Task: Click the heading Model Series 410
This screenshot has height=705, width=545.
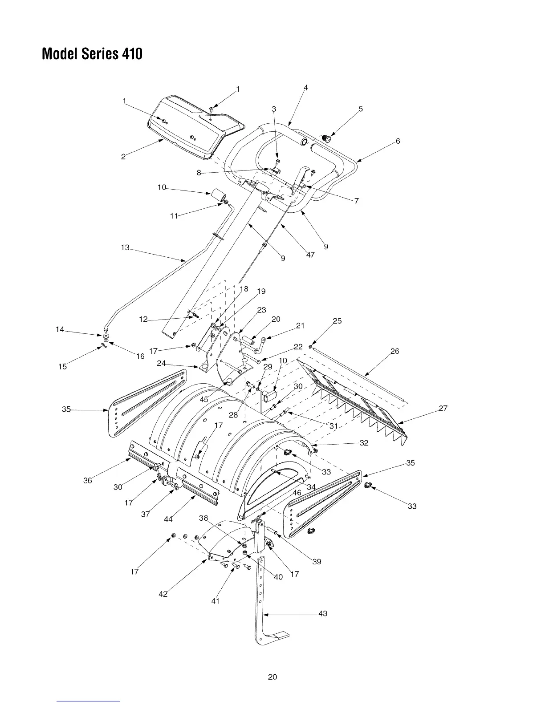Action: click(x=92, y=54)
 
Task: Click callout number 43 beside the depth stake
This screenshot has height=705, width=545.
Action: click(x=323, y=613)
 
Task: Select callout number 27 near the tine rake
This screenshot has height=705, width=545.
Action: click(x=443, y=408)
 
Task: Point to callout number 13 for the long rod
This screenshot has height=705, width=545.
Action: click(x=125, y=247)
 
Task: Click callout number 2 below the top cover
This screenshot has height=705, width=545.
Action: click(x=123, y=156)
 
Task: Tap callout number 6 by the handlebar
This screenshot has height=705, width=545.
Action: click(x=398, y=141)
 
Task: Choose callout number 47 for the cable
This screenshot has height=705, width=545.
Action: click(x=310, y=255)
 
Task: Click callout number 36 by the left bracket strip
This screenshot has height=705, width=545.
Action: click(x=88, y=480)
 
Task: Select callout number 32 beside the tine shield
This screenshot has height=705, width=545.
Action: click(x=364, y=443)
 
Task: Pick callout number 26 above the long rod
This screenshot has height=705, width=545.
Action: click(x=395, y=351)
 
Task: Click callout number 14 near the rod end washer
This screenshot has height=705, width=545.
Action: click(x=60, y=329)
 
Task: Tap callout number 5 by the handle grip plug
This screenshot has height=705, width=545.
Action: click(x=361, y=109)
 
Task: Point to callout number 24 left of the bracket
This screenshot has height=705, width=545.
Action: click(x=161, y=363)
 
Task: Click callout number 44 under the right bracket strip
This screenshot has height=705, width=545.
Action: click(x=168, y=519)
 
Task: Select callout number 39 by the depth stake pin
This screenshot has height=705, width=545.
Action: click(x=317, y=562)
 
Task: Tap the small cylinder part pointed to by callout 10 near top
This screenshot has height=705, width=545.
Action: click(x=219, y=194)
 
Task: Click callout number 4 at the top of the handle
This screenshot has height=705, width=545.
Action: click(x=305, y=88)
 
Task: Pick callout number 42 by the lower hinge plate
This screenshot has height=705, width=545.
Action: click(x=163, y=594)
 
